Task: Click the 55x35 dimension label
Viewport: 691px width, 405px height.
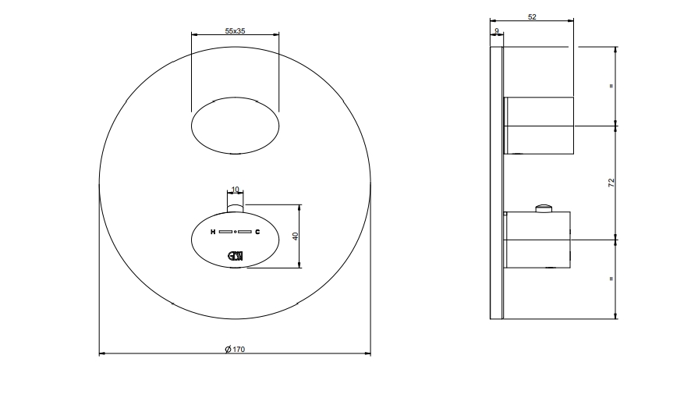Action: [235, 31]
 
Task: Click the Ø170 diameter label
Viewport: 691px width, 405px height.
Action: [235, 350]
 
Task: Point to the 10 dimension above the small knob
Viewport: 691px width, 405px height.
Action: [235, 190]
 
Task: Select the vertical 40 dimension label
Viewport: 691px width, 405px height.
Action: [296, 236]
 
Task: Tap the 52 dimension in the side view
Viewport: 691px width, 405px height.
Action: [532, 16]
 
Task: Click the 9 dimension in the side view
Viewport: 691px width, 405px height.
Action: [497, 31]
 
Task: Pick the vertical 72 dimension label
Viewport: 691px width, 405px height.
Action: [611, 183]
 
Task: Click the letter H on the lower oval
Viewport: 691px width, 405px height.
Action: [213, 232]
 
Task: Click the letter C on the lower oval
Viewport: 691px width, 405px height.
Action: [257, 232]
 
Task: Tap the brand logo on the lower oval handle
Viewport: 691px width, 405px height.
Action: [236, 256]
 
